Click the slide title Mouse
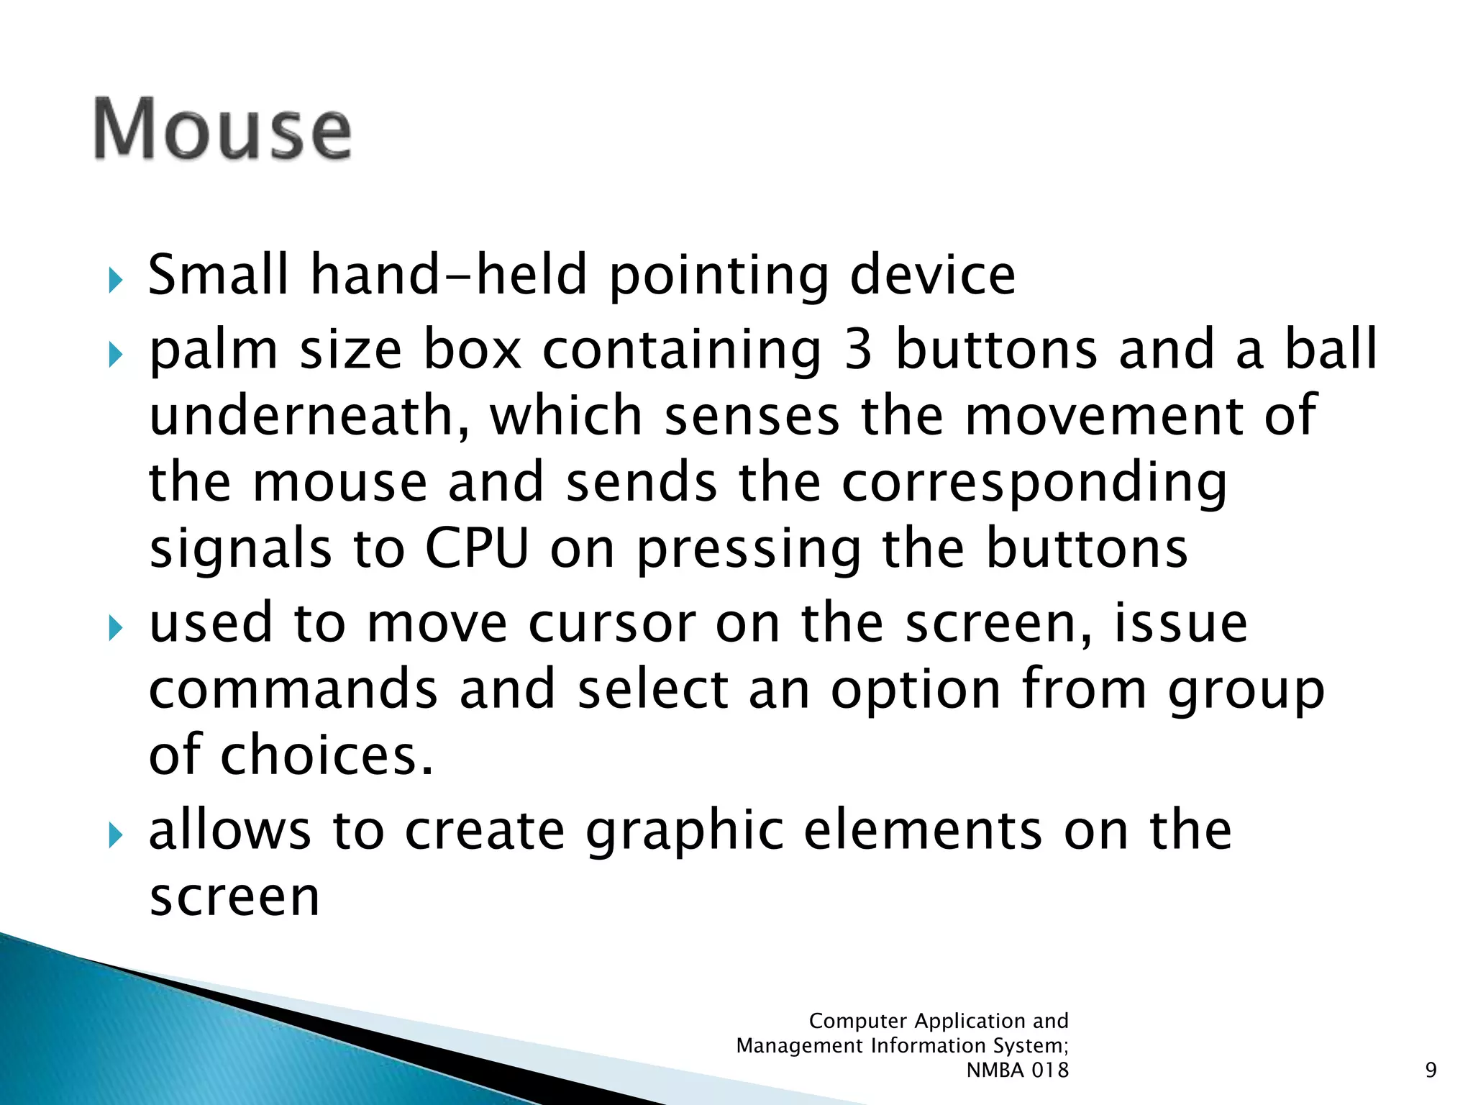click(223, 129)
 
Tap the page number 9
click(1431, 1070)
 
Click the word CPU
click(477, 549)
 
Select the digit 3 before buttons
click(858, 350)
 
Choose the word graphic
click(684, 832)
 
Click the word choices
click(327, 755)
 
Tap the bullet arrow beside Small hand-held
click(115, 281)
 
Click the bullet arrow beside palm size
click(115, 355)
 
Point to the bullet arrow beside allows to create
click(115, 836)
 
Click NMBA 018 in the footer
click(1017, 1070)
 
